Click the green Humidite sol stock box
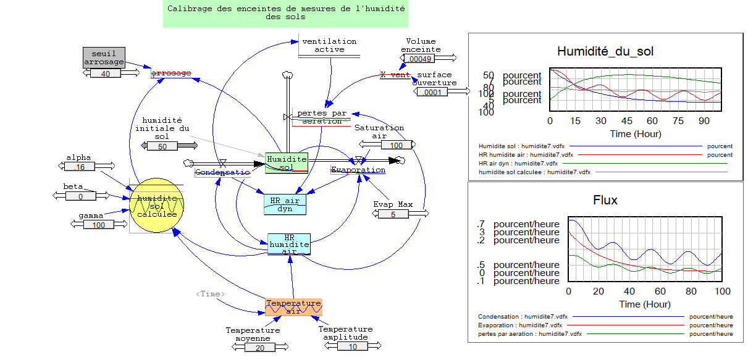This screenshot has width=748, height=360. (x=287, y=162)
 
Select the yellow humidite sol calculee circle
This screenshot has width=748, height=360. (x=157, y=206)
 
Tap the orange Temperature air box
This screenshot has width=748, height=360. (x=293, y=307)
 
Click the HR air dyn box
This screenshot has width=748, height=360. (x=285, y=204)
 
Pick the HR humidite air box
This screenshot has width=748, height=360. (x=288, y=244)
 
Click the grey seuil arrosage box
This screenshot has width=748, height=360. (x=104, y=57)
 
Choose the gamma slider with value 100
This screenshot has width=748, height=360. (x=98, y=225)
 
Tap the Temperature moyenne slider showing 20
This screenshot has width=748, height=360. (x=259, y=348)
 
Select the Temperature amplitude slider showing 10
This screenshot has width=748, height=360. (x=352, y=346)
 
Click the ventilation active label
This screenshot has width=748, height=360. (x=329, y=45)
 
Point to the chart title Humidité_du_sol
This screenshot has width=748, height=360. (x=605, y=51)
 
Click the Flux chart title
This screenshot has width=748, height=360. (x=605, y=199)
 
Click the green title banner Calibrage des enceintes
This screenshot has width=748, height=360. (x=286, y=13)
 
